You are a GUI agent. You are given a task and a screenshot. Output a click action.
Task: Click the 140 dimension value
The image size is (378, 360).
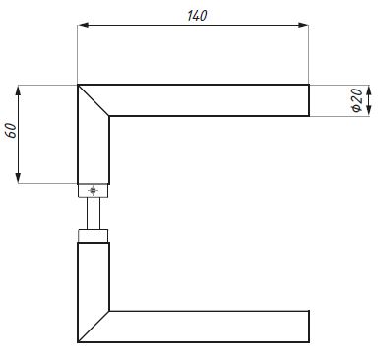coord(197,16)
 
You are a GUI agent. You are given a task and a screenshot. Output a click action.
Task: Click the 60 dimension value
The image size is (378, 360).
coord(11,131)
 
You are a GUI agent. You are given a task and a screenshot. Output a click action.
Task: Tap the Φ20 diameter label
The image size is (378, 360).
coord(357,100)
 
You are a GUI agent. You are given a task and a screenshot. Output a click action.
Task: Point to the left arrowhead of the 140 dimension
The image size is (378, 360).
coord(84,25)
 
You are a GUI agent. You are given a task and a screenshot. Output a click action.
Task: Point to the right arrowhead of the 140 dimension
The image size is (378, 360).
coord(303,25)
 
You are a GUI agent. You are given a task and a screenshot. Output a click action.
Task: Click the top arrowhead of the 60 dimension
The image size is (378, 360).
coord(18,90)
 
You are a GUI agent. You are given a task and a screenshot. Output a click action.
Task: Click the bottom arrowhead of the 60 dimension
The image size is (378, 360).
coord(18,177)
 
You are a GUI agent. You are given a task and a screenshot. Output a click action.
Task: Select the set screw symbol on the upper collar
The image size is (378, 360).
coord(94,190)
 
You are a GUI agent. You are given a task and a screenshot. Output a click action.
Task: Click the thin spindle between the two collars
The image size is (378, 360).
coord(94,213)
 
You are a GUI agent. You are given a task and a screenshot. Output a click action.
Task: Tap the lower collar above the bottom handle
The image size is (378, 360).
coord(94,236)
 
